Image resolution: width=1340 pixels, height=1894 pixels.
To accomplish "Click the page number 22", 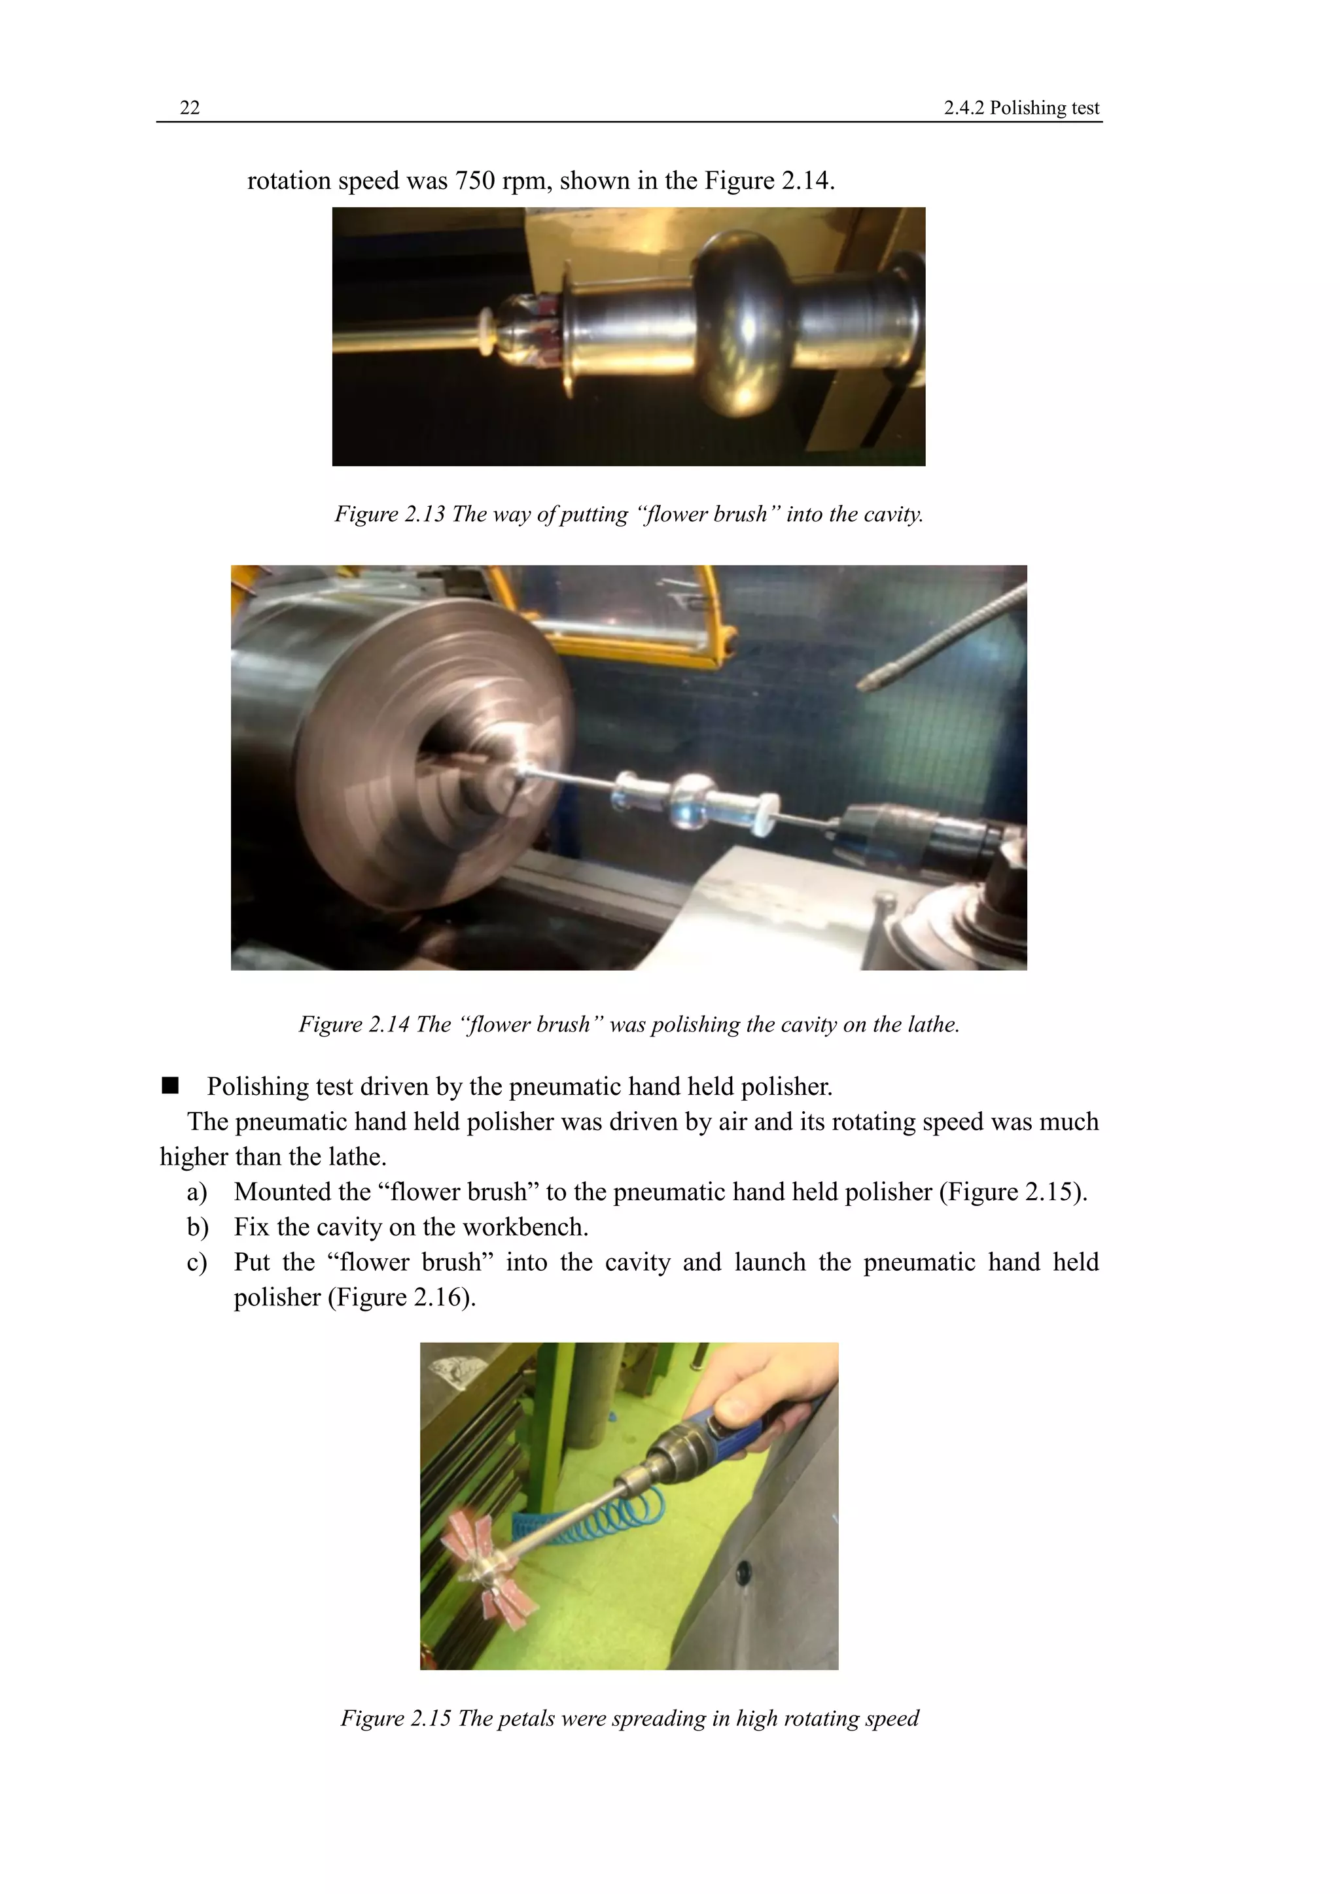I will pyautogui.click(x=190, y=108).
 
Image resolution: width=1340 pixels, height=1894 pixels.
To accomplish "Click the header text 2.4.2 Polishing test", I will pyautogui.click(x=1021, y=108).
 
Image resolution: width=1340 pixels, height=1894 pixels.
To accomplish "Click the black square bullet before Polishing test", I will pyautogui.click(x=171, y=1086).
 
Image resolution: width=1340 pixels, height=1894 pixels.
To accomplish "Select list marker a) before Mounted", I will pyautogui.click(x=196, y=1192).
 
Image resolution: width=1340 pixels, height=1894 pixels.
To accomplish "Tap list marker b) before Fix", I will pyautogui.click(x=196, y=1228).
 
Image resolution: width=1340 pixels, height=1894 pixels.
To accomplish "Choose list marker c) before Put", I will pyautogui.click(x=196, y=1263).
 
